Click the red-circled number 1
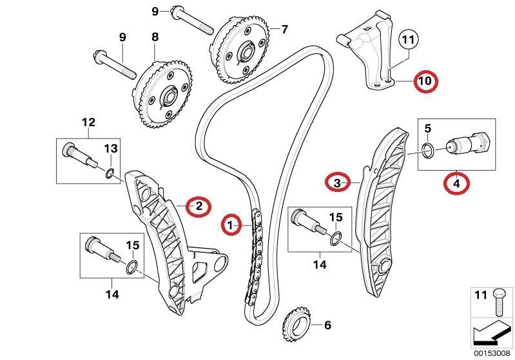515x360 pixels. (x=229, y=225)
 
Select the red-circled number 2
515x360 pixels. (x=199, y=206)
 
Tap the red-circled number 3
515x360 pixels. (x=337, y=184)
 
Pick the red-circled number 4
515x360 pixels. (x=456, y=184)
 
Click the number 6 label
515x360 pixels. (x=327, y=325)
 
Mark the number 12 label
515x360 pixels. (x=88, y=122)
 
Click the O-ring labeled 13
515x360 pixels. (x=111, y=172)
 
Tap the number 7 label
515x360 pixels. (x=284, y=29)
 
